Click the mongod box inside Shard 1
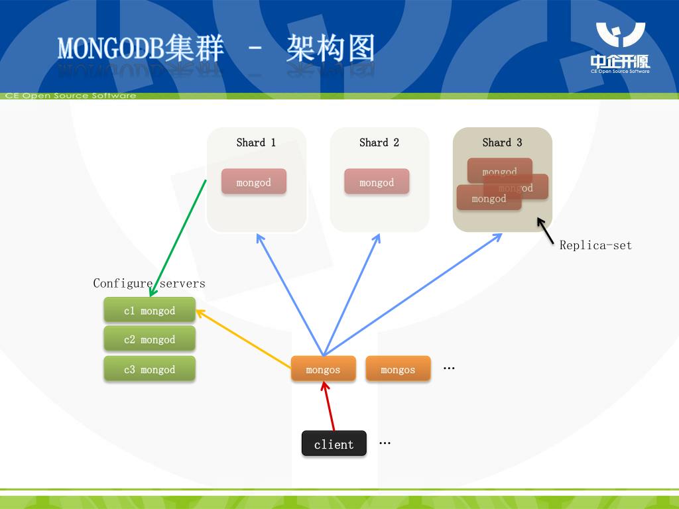point(254,182)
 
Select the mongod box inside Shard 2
point(377,182)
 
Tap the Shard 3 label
point(502,142)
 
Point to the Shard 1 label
point(256,142)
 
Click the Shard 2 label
point(379,142)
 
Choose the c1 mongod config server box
point(150,310)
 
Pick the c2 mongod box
point(150,339)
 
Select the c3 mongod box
point(150,369)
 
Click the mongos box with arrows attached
point(323,369)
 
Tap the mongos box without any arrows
point(398,369)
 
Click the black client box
point(334,444)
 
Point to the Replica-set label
point(595,245)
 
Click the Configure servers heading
point(149,283)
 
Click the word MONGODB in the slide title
point(110,49)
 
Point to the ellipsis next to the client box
point(385,443)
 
